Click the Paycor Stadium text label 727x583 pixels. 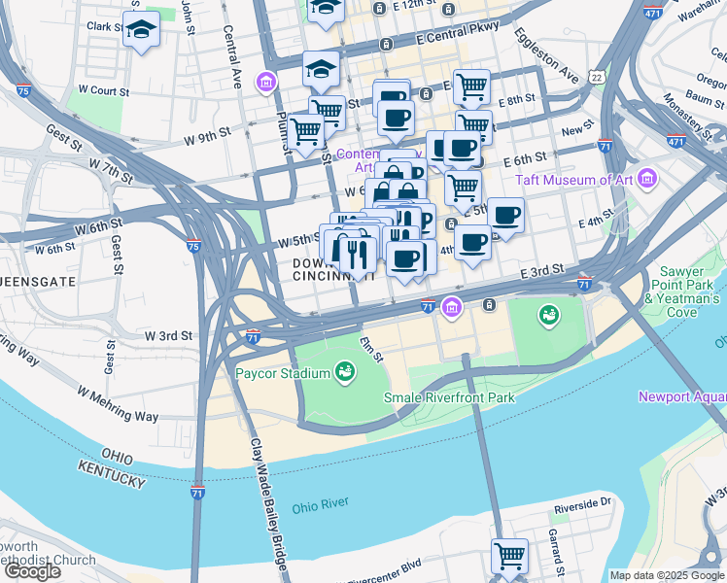tap(282, 371)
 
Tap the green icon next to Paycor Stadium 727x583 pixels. tap(343, 370)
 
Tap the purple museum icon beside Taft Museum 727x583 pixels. tap(648, 180)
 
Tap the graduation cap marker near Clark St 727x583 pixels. tap(142, 29)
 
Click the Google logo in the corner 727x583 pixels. tap(33, 571)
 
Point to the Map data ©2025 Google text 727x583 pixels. tap(666, 575)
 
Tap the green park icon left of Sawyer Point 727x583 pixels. tap(549, 314)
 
